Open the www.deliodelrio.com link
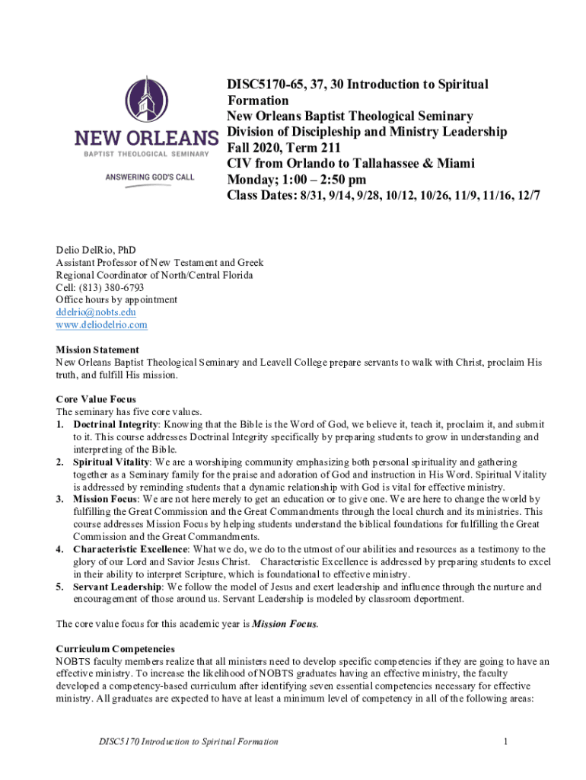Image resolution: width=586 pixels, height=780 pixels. pyautogui.click(x=101, y=325)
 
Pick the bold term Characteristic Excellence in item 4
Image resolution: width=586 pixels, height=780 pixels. pyautogui.click(x=129, y=549)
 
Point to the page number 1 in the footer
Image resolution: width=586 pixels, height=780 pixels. pyautogui.click(x=505, y=741)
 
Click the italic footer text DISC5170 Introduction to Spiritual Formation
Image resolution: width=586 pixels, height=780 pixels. pyautogui.click(x=183, y=741)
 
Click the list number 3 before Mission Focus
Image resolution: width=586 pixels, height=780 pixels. pyautogui.click(x=60, y=499)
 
